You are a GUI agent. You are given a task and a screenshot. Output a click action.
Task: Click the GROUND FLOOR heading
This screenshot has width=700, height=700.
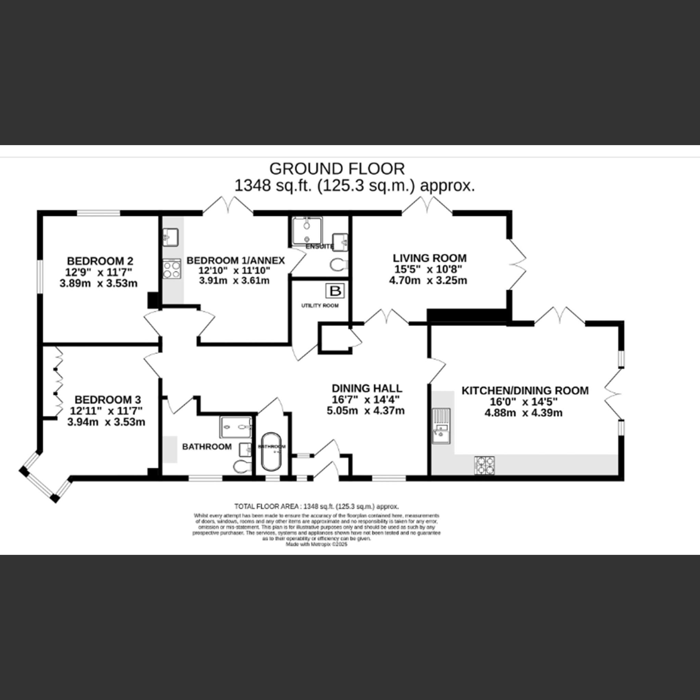pos(337,169)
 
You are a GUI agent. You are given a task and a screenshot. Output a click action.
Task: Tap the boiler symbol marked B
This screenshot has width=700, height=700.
pos(335,291)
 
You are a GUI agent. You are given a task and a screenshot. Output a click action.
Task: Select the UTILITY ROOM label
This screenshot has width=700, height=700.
pos(320,306)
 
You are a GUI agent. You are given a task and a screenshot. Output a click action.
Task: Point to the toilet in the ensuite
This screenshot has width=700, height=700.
pos(338,265)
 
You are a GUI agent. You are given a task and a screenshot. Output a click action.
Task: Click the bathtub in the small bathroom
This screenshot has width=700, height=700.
pos(271,451)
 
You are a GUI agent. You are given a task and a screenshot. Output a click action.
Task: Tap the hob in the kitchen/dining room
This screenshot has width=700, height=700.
pos(484,465)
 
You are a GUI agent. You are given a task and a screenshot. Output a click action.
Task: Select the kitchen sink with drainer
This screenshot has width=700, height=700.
pos(441,425)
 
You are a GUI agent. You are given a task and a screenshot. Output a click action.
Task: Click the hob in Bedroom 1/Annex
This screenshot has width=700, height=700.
pos(172,269)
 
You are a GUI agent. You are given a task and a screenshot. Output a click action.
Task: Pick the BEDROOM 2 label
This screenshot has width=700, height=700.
pos(100,261)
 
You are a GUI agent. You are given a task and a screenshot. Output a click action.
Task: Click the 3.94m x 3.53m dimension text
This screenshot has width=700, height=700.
pos(106,422)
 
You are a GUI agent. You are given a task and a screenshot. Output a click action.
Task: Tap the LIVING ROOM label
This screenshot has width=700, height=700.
pos(430,258)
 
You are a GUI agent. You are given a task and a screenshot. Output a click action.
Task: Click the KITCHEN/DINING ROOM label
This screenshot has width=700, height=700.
pos(525,391)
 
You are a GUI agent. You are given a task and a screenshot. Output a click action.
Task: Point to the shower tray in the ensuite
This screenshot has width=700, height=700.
pos(307,231)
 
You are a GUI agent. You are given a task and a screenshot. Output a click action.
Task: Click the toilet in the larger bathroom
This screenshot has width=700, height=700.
pos(242,467)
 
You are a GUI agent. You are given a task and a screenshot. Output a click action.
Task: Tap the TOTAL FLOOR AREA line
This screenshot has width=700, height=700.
pos(316,507)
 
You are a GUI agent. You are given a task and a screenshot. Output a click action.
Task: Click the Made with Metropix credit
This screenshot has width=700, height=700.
pos(316,544)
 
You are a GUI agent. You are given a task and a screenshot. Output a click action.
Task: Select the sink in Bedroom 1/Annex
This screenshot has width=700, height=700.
pos(170,237)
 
